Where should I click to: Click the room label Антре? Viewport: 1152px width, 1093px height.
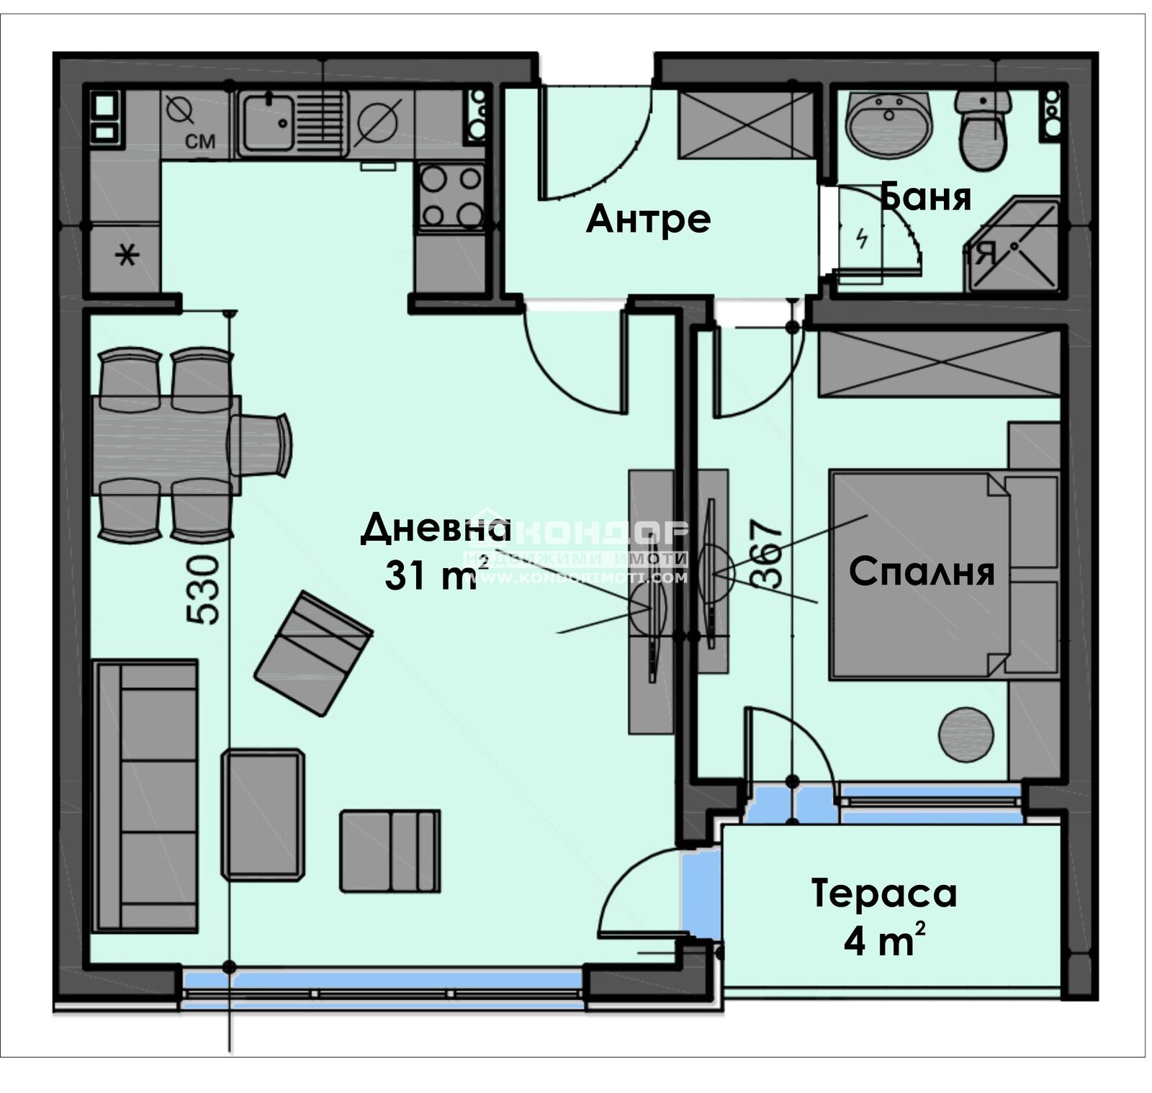click(648, 218)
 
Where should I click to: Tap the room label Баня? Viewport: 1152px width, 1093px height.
click(927, 196)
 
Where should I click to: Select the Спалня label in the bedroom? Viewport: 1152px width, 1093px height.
click(921, 572)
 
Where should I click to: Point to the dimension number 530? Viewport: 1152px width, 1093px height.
click(202, 588)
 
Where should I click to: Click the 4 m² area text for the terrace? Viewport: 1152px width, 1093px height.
click(883, 941)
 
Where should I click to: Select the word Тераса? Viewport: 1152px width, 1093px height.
click(883, 894)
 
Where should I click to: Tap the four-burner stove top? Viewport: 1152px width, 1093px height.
click(451, 196)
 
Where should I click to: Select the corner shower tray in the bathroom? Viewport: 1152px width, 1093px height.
click(1017, 246)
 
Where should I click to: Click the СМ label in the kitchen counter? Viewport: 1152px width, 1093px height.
click(200, 141)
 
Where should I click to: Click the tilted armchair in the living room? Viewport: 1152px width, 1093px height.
click(314, 653)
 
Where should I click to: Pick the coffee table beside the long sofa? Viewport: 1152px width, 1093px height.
click(263, 814)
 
